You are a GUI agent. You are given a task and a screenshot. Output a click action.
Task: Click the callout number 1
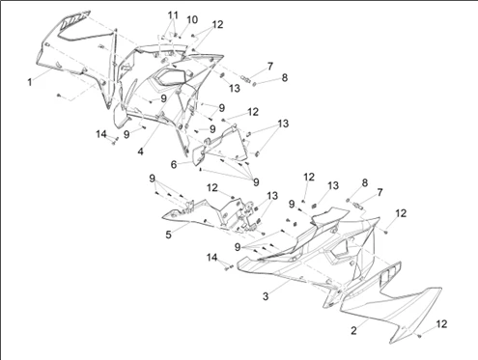point(30,82)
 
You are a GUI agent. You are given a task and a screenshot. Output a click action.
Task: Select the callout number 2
point(353,330)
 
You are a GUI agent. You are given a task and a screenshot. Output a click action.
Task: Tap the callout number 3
point(266,296)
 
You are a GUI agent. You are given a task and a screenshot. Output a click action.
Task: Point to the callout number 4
point(141,152)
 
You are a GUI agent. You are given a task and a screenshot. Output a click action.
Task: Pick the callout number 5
point(168,235)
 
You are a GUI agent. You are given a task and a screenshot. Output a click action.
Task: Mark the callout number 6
point(174,165)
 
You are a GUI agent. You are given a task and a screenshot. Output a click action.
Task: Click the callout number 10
point(192,20)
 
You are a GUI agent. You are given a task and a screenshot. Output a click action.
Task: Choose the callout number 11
point(173,15)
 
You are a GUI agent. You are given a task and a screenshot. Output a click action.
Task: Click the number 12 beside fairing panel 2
point(441,324)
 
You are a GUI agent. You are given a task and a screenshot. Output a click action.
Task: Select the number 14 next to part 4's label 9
point(101,134)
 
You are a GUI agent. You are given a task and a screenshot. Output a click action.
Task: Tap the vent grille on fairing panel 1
point(75,21)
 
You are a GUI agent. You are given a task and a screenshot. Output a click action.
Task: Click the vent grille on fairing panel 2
point(390,273)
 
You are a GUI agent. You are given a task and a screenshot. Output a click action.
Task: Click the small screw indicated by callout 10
point(180,38)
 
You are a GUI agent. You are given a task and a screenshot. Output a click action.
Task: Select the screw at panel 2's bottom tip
point(419,336)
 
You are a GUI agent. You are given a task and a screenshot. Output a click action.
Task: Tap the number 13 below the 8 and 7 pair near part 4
point(235,88)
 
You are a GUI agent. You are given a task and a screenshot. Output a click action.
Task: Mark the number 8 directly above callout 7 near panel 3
point(364,182)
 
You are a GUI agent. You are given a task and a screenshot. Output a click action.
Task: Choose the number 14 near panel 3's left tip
point(211,258)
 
